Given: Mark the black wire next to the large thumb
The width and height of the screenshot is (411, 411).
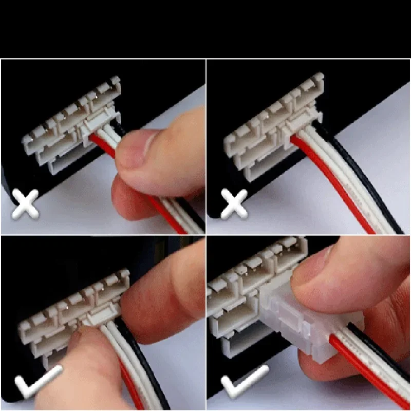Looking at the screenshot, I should pyautogui.click(x=149, y=370).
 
